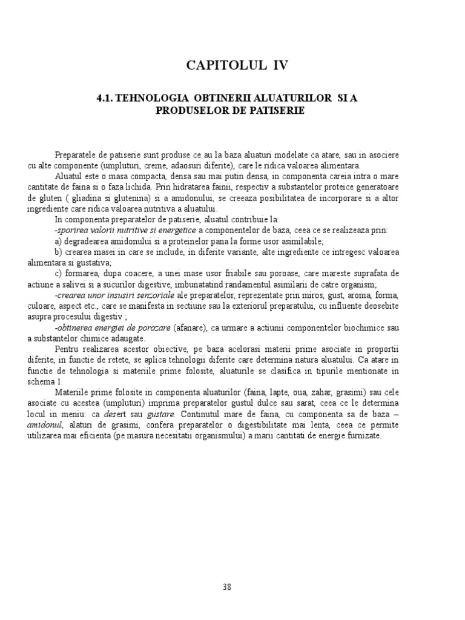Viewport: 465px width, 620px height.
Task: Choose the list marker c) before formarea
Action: tap(58, 274)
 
